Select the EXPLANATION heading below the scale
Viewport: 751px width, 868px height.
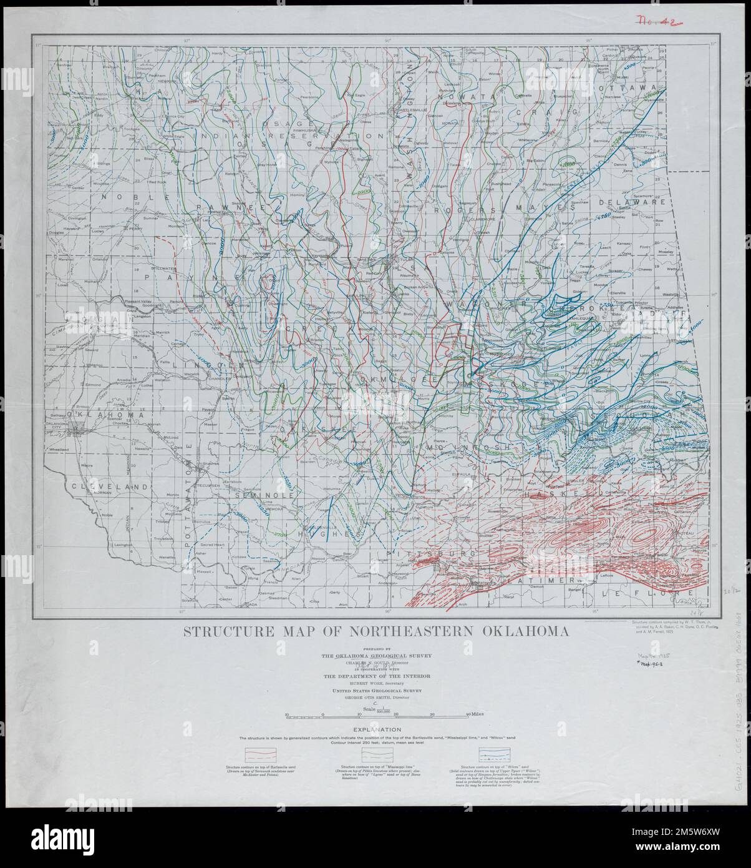coord(375,729)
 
